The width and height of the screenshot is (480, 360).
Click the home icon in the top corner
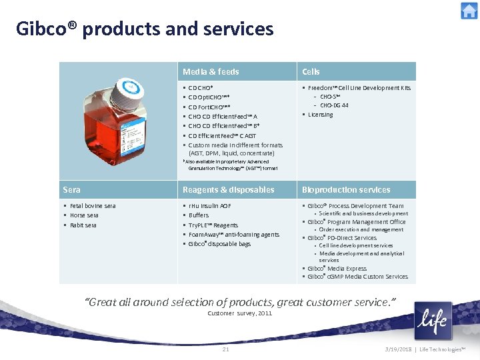(x=469, y=11)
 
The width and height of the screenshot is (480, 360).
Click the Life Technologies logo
(x=433, y=321)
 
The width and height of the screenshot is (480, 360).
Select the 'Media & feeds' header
(x=211, y=71)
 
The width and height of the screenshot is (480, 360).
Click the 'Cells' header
(x=311, y=71)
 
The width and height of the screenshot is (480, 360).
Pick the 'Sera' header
(x=71, y=190)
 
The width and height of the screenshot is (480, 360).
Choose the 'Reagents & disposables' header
(x=229, y=190)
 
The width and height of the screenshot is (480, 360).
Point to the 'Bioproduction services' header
(x=346, y=190)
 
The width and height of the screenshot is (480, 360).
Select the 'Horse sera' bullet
(x=84, y=215)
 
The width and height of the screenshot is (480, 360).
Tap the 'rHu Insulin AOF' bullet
(x=210, y=206)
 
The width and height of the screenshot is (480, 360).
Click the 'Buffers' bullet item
(x=199, y=215)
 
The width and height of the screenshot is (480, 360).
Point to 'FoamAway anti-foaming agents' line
(x=233, y=235)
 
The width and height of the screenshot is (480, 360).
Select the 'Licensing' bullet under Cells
(x=320, y=115)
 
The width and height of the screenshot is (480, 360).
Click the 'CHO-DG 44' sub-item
(x=334, y=105)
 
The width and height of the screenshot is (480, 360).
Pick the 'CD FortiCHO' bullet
(x=209, y=107)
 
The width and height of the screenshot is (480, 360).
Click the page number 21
(x=225, y=349)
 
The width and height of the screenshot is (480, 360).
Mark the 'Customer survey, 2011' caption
(x=240, y=313)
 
